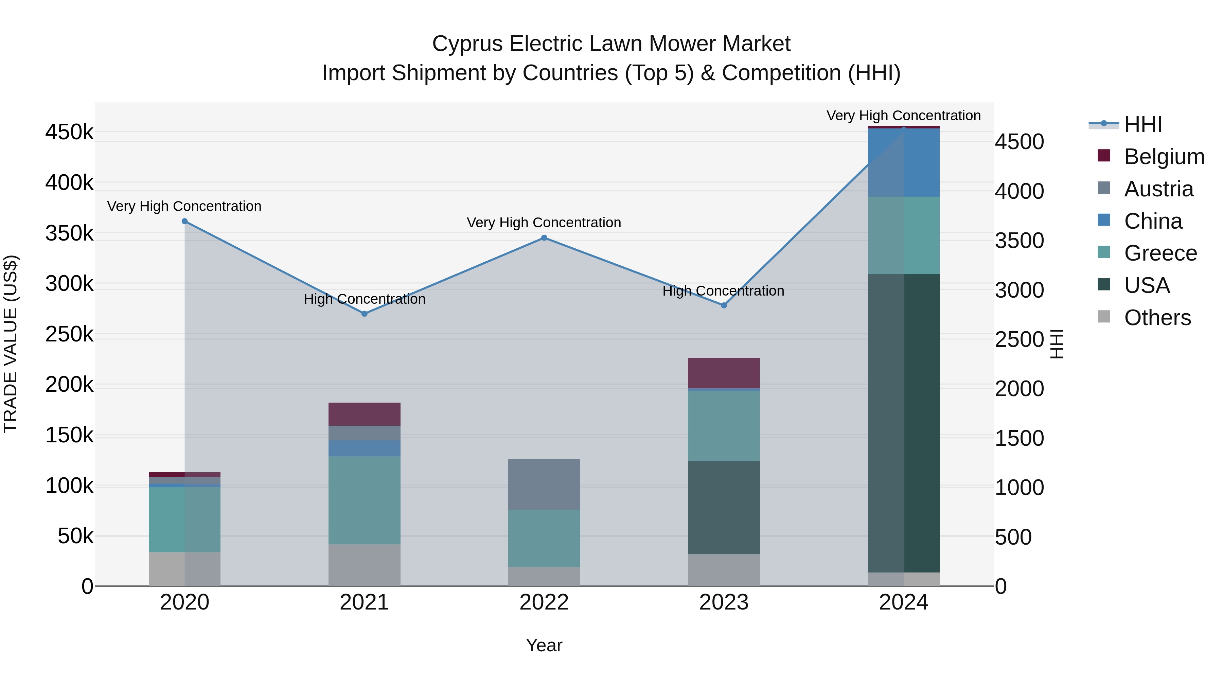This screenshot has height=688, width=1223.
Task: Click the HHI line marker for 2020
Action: click(x=185, y=221)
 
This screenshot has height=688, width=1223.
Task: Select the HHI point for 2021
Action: click(x=365, y=314)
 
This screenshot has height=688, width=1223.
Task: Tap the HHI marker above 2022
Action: click(x=544, y=238)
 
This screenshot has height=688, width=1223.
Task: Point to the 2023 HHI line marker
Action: click(x=724, y=305)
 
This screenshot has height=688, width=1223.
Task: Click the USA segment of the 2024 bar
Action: click(x=903, y=423)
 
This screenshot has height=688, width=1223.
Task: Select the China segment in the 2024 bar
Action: click(x=903, y=162)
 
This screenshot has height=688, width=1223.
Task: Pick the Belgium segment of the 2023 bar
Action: click(x=724, y=373)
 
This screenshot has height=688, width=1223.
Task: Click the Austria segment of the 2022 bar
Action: click(x=544, y=484)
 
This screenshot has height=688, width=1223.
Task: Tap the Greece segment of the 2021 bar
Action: click(x=365, y=500)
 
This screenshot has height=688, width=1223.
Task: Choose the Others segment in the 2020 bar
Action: click(x=185, y=568)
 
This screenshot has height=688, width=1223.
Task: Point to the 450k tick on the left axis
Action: click(x=69, y=132)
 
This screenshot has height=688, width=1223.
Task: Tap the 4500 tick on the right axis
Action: click(x=1019, y=142)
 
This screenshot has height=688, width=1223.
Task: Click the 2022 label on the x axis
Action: click(x=544, y=602)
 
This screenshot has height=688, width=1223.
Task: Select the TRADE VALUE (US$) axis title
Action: click(x=11, y=344)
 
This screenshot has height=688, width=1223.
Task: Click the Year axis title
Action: click(x=544, y=645)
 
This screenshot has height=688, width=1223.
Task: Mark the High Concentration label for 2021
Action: click(x=365, y=299)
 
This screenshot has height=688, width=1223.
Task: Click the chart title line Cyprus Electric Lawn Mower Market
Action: click(x=611, y=44)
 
